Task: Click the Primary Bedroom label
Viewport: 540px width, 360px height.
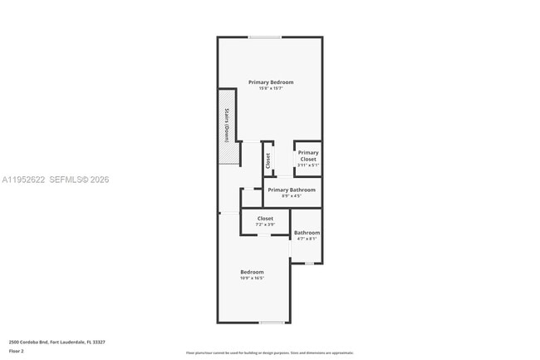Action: point(271,82)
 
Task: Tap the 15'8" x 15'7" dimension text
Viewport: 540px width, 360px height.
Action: point(271,89)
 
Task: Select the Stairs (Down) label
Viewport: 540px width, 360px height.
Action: point(226,125)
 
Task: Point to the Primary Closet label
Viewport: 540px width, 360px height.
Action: point(308,155)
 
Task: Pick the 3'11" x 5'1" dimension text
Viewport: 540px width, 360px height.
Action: point(308,165)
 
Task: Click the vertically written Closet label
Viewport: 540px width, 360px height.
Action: point(268,160)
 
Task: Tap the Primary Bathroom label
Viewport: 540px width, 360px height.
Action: point(292,190)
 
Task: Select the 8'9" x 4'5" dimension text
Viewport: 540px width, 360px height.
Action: point(292,196)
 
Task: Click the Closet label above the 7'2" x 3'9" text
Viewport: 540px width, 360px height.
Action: point(265,218)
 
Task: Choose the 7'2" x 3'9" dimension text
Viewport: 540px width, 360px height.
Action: point(265,224)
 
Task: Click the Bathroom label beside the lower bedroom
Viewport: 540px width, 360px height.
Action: point(307,233)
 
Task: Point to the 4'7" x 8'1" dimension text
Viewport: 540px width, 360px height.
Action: point(307,239)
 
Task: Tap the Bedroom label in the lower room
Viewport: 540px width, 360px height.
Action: point(253,272)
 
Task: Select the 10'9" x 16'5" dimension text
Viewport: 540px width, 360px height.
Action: point(253,279)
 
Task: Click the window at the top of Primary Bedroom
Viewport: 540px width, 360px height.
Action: point(264,37)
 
